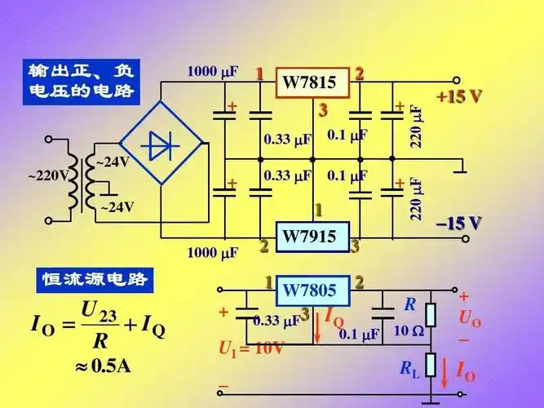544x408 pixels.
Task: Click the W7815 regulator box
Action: pyautogui.click(x=310, y=82)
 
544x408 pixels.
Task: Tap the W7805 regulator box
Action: pyautogui.click(x=310, y=289)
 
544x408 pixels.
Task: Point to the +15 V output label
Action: pyautogui.click(x=459, y=96)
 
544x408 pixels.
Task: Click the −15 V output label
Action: pyautogui.click(x=458, y=222)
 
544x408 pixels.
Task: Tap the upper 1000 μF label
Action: pyautogui.click(x=213, y=72)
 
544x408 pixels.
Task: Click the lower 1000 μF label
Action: pyautogui.click(x=213, y=252)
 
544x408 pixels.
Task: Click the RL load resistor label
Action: pyautogui.click(x=409, y=369)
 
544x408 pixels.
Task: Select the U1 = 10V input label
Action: pyautogui.click(x=250, y=348)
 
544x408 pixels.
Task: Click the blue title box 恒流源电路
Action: pyautogui.click(x=95, y=280)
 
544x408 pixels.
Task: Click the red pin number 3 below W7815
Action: pyautogui.click(x=323, y=110)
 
